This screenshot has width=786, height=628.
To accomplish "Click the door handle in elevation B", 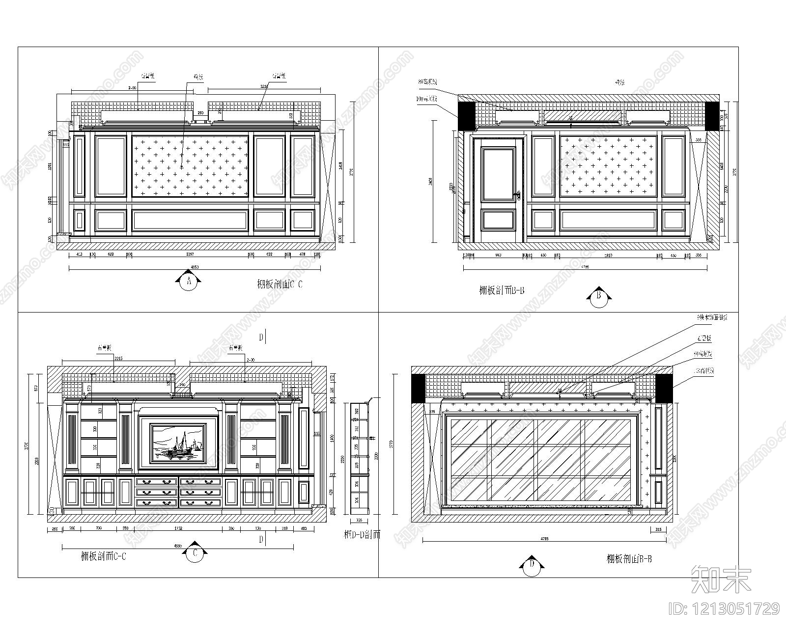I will pyautogui.click(x=517, y=196).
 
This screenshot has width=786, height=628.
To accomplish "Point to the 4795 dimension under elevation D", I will pyautogui.click(x=544, y=539).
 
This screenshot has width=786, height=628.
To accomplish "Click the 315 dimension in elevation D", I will pyautogui.click(x=658, y=529).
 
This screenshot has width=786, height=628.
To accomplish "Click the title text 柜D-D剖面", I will pyautogui.click(x=362, y=534).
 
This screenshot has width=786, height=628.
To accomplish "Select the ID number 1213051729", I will pyautogui.click(x=725, y=609).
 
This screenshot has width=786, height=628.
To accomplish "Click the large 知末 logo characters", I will pyautogui.click(x=721, y=579).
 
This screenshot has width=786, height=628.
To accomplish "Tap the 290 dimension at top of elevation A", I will pyautogui.click(x=200, y=113).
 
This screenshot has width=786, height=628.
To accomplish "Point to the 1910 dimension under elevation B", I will pyautogui.click(x=608, y=256).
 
